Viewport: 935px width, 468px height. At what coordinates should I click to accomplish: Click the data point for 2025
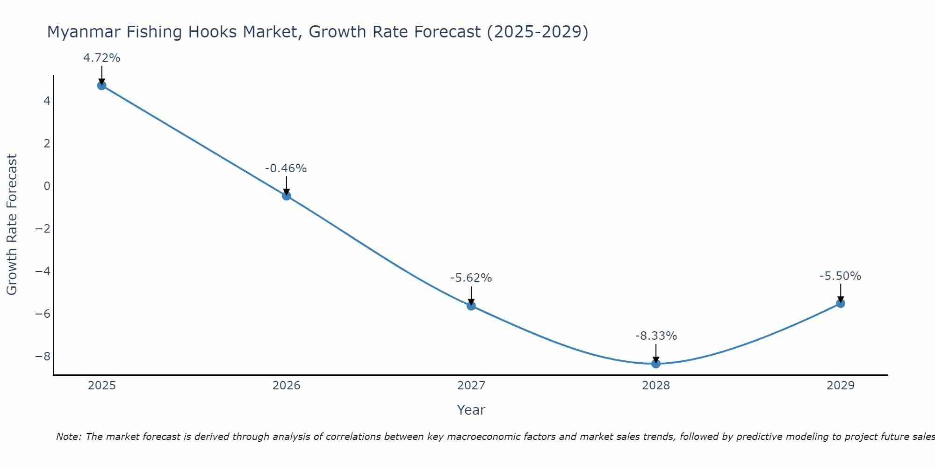click(102, 85)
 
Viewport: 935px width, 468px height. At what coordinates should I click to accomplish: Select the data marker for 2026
click(287, 196)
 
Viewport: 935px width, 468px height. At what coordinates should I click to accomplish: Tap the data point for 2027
click(471, 306)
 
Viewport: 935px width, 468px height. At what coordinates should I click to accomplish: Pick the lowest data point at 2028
click(656, 364)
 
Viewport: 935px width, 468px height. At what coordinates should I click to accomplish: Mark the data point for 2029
click(841, 303)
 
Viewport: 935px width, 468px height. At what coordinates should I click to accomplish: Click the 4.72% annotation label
click(102, 58)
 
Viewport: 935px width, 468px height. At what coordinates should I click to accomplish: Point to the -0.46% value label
click(286, 168)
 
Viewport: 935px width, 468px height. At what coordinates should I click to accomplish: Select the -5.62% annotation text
click(471, 278)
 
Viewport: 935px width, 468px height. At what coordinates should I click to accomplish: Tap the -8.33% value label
click(656, 336)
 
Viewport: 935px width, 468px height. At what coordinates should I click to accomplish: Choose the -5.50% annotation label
click(841, 276)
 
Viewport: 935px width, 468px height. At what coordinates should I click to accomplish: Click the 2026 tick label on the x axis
click(287, 386)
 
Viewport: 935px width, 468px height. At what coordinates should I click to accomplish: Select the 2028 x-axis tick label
click(656, 386)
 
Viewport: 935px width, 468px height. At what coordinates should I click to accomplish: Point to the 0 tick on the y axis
click(47, 186)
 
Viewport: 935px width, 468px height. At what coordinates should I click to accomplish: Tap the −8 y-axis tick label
click(43, 357)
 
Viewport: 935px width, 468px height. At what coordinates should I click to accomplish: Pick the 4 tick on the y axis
click(47, 101)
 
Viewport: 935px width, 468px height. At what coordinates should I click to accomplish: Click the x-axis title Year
click(471, 410)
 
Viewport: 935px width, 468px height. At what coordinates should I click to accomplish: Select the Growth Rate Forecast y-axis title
click(12, 225)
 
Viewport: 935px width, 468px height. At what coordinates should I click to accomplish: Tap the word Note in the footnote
click(69, 437)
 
